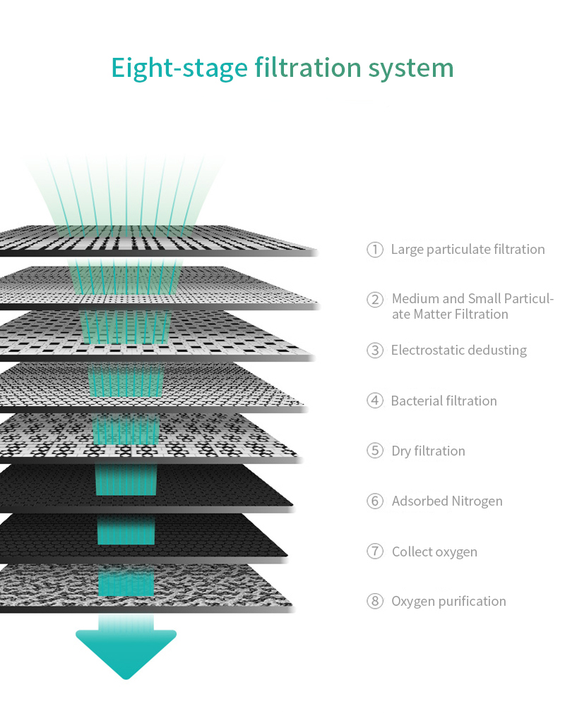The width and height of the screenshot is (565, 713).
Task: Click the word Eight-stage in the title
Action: pyautogui.click(x=179, y=68)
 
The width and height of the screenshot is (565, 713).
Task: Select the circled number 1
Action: pyautogui.click(x=375, y=249)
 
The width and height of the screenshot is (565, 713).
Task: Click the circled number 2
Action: pyautogui.click(x=375, y=299)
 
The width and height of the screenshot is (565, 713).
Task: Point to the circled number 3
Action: pyautogui.click(x=375, y=350)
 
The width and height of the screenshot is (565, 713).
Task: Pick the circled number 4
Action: pyautogui.click(x=375, y=401)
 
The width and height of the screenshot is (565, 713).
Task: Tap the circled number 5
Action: pyautogui.click(x=375, y=451)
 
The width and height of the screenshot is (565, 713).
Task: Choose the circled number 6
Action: pyautogui.click(x=375, y=501)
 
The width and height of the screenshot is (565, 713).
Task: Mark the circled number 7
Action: pyautogui.click(x=375, y=551)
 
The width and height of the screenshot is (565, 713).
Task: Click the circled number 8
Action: pyautogui.click(x=375, y=601)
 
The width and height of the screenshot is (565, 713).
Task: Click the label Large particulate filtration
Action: pyautogui.click(x=468, y=250)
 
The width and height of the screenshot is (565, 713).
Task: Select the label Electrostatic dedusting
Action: pyautogui.click(x=459, y=350)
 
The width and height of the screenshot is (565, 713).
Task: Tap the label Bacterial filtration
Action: pyautogui.click(x=444, y=401)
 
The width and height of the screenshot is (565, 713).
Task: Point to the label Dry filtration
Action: pyautogui.click(x=429, y=451)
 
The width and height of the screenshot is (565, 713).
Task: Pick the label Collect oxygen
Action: pyautogui.click(x=435, y=552)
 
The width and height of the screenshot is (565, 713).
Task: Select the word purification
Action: pyautogui.click(x=472, y=602)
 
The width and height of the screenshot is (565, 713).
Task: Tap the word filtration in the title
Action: pyautogui.click(x=308, y=68)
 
